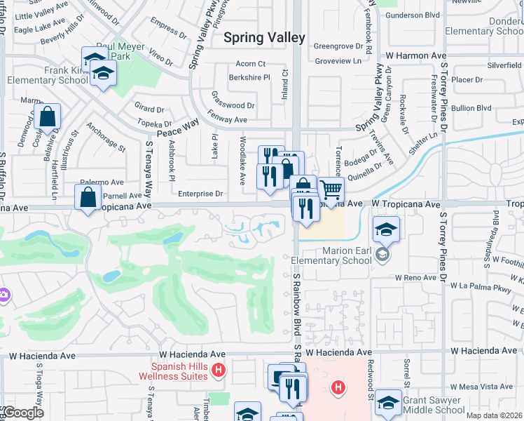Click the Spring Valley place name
tap(264, 38)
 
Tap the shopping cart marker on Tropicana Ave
tap(331, 189)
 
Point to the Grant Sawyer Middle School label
tap(433, 405)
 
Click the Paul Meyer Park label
tap(120, 51)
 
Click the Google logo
tap(23, 413)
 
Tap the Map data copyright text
tap(495, 415)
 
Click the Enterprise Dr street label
tap(200, 194)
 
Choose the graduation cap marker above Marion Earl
tap(385, 229)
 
